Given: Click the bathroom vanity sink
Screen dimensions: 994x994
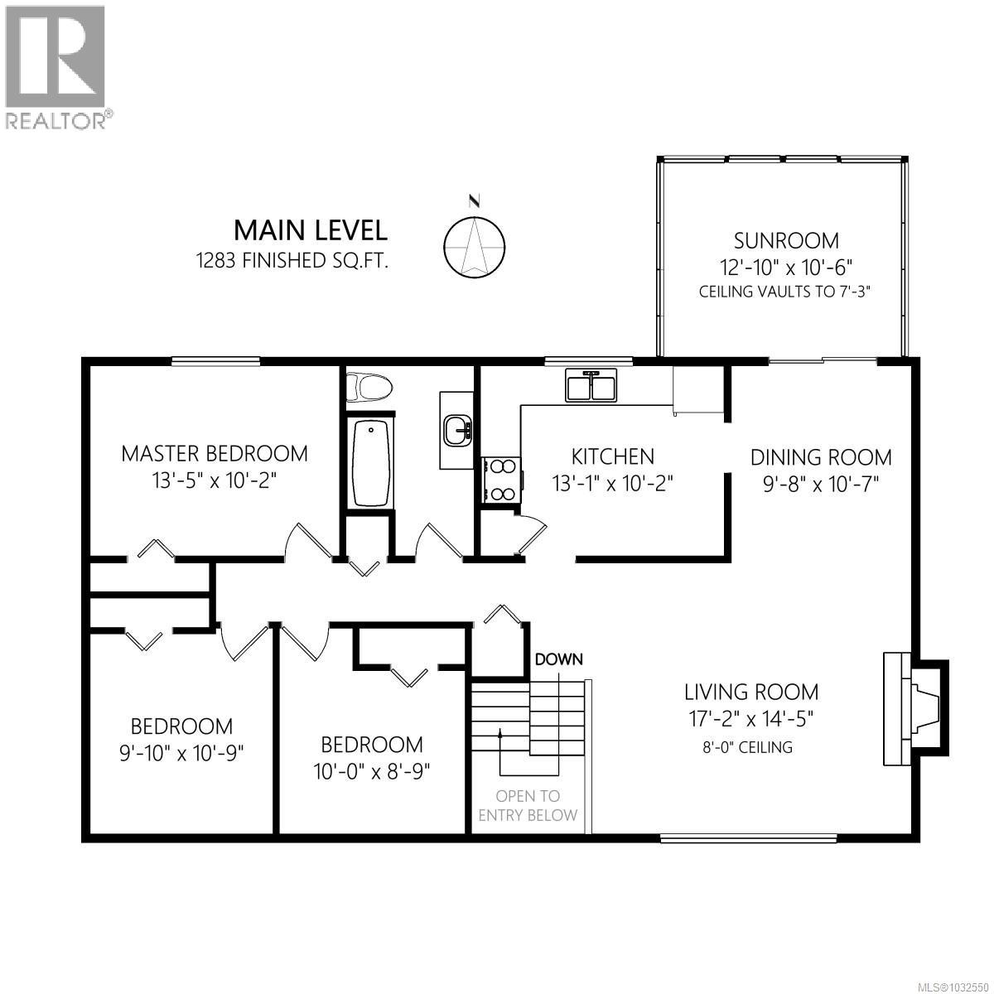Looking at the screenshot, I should tap(456, 431).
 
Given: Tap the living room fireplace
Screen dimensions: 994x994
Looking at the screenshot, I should tap(911, 709).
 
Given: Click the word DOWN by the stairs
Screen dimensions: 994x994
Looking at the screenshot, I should tap(559, 660).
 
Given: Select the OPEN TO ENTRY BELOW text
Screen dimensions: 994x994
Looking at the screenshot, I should tap(528, 805).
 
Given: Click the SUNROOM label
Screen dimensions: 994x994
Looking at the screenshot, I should tap(786, 241).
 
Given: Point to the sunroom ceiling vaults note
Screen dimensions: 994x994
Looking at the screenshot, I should tap(786, 292).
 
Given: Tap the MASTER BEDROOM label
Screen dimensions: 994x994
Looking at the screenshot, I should tap(215, 454).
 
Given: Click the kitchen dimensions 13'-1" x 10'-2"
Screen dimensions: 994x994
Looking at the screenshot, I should tap(613, 482).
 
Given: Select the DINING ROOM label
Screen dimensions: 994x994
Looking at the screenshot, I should tap(821, 457).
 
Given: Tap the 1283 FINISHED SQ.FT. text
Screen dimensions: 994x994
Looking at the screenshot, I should tap(292, 261).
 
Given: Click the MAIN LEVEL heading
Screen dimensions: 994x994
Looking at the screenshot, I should tap(310, 229).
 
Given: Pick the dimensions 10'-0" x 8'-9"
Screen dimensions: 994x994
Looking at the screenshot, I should tap(372, 771).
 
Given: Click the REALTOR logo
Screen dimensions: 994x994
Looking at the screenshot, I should tap(56, 66).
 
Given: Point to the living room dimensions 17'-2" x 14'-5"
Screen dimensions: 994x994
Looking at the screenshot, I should tap(750, 718).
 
